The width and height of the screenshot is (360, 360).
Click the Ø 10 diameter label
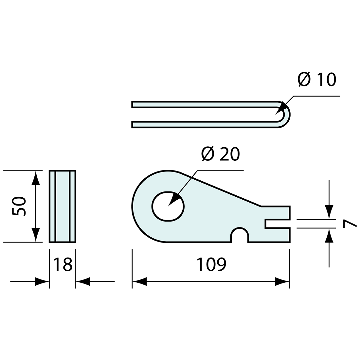tap(317, 79)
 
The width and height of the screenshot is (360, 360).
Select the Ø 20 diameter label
tap(221, 153)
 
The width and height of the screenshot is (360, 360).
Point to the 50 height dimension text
tap(19, 206)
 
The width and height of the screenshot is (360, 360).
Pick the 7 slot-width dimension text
tap(350, 224)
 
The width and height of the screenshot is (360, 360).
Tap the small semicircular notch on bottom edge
tap(240, 234)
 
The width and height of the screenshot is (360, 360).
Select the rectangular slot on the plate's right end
tap(277, 224)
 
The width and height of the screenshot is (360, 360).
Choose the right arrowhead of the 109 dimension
tap(282, 281)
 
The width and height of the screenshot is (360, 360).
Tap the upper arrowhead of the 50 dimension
tap(36, 178)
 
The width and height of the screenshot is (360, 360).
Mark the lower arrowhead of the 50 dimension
tap(36, 234)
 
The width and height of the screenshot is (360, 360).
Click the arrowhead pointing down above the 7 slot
tap(329, 212)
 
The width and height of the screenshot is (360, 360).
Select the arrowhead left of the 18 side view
tap(42, 281)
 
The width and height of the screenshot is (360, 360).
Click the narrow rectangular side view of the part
tap(63, 207)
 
